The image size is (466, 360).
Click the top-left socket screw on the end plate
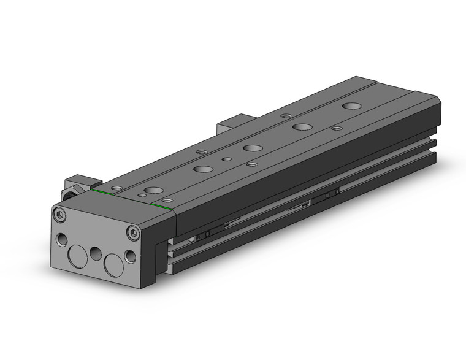(x=58, y=214)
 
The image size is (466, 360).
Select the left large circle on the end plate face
(x=78, y=255)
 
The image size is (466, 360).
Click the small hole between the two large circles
(x=95, y=253)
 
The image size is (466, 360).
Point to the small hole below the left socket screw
(x=61, y=239)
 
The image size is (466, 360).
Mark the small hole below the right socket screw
(x=130, y=256)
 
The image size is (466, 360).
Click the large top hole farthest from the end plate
(x=351, y=106)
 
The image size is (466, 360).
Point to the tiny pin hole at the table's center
(x=227, y=159)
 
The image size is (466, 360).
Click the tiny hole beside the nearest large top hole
(x=142, y=195)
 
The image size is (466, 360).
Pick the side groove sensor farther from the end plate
(x=332, y=194)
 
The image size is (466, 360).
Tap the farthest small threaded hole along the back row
(x=286, y=115)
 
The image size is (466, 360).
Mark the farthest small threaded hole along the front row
(x=337, y=128)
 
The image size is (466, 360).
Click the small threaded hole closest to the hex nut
(x=116, y=187)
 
